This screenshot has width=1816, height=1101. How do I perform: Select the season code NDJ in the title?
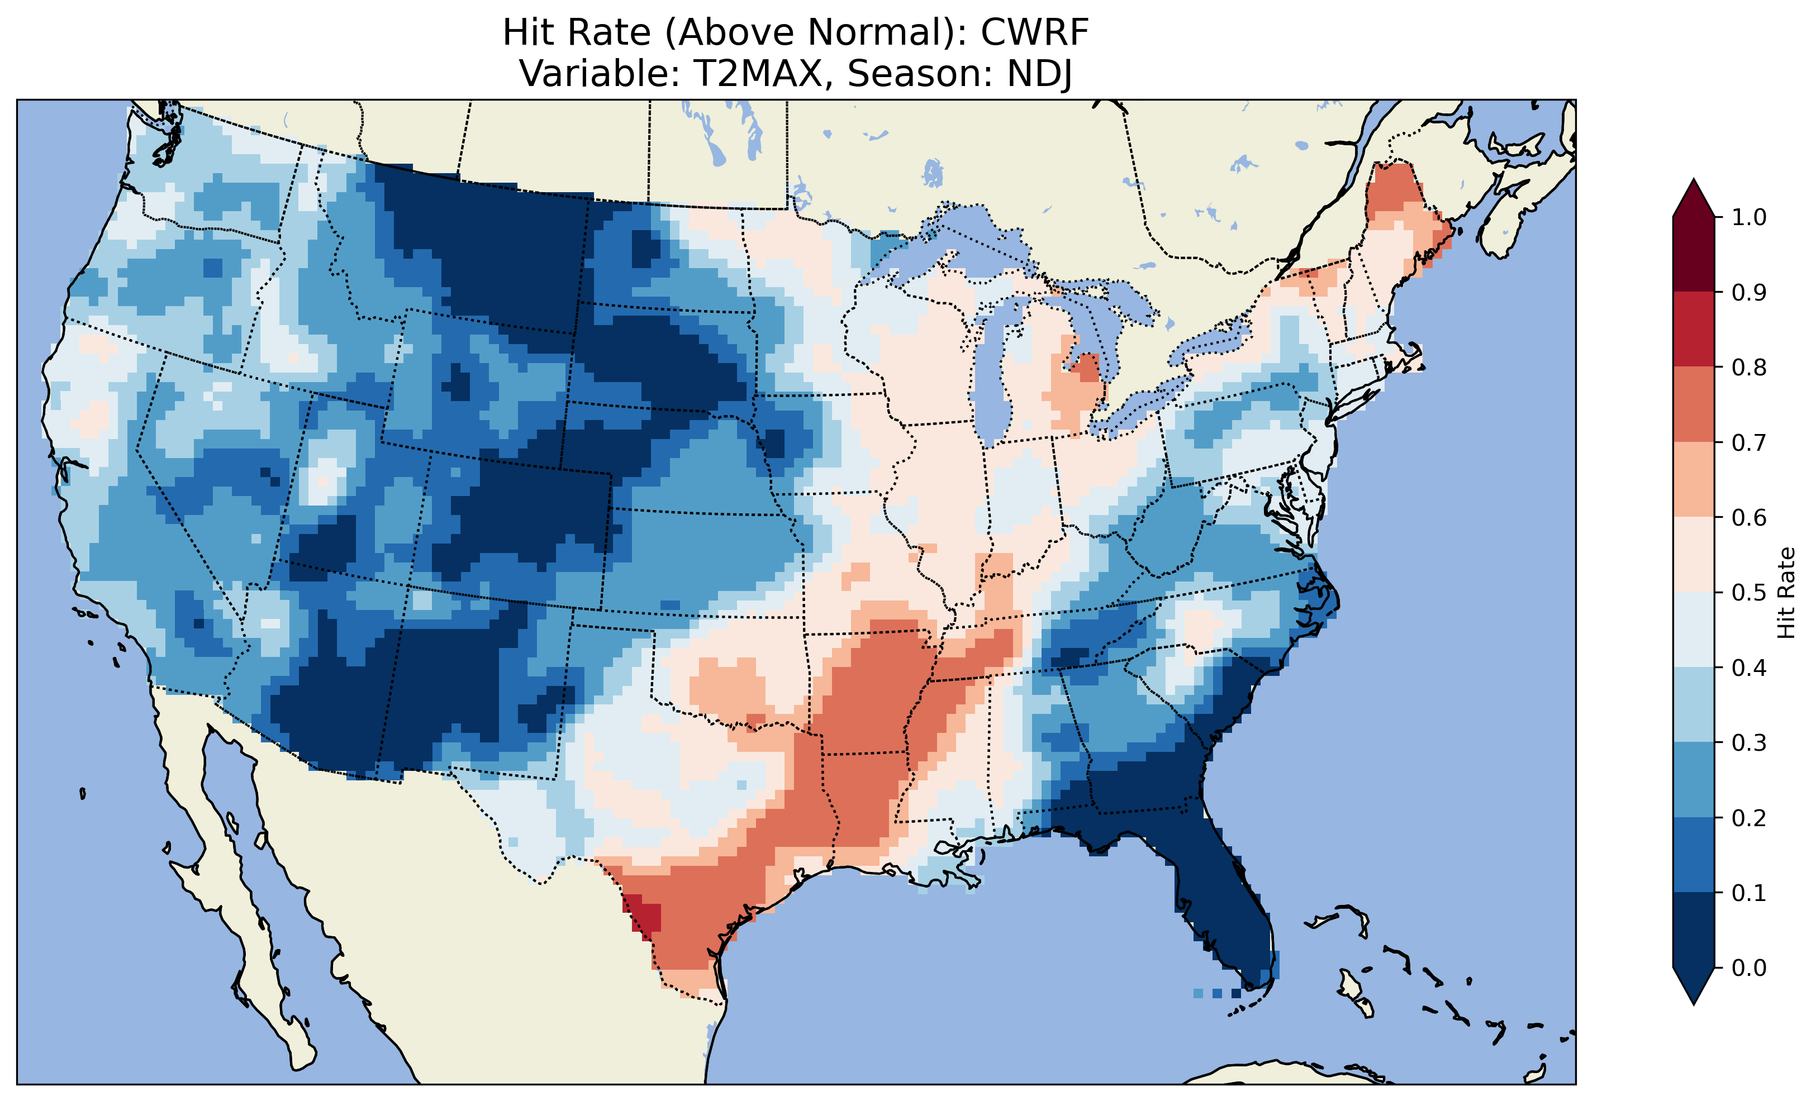click(x=1039, y=74)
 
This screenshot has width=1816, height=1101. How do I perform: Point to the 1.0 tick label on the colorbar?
click(x=1749, y=217)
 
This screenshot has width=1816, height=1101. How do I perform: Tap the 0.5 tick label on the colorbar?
click(x=1749, y=593)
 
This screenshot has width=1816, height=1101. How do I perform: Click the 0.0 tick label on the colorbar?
click(x=1749, y=967)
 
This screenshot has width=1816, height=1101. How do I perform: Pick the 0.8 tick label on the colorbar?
click(x=1749, y=367)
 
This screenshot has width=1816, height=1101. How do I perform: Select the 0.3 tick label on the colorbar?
click(x=1749, y=743)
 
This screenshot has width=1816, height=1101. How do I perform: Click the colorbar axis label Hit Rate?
click(x=1786, y=593)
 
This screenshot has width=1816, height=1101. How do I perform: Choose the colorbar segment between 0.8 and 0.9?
click(x=1694, y=328)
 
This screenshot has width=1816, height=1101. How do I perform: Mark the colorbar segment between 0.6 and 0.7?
click(x=1694, y=479)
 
